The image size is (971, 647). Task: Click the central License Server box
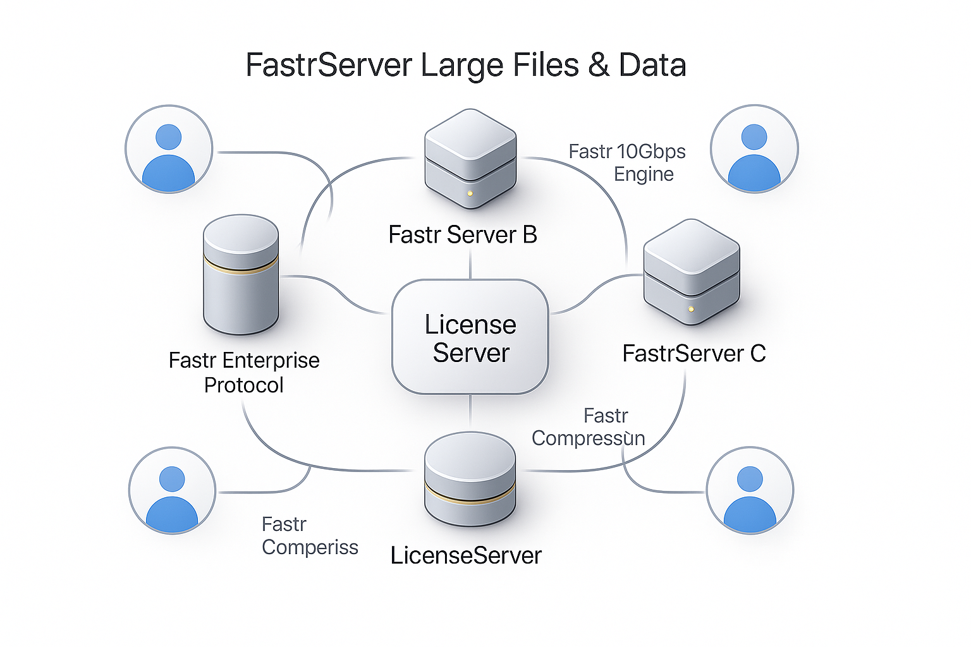(x=470, y=337)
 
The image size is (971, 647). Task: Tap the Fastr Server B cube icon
(x=470, y=158)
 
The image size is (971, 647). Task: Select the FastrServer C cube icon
(x=692, y=272)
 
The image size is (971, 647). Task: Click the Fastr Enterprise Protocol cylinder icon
(x=241, y=274)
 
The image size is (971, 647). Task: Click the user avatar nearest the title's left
(x=169, y=149)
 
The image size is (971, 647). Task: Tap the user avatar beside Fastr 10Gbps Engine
(x=754, y=149)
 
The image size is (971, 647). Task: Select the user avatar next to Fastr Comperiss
(x=173, y=491)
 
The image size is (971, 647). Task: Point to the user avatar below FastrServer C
(x=750, y=491)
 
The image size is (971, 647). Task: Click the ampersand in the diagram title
(x=599, y=65)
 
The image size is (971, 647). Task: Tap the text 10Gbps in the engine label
(x=651, y=152)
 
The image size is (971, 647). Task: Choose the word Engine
(x=644, y=174)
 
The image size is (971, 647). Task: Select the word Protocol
(x=243, y=385)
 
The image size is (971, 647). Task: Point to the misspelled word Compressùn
(x=588, y=438)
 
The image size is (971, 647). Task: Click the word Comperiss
(x=310, y=547)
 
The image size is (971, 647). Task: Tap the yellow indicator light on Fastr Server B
(x=470, y=193)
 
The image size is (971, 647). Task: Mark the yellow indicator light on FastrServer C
(x=691, y=309)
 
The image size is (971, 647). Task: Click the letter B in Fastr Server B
(x=530, y=235)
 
